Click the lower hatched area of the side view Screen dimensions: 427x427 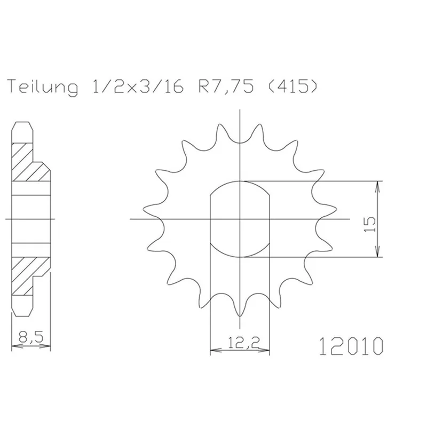(29, 275)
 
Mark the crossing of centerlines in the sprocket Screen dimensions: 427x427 (241, 219)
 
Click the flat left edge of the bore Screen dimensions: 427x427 (211, 219)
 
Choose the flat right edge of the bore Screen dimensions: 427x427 (270, 219)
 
